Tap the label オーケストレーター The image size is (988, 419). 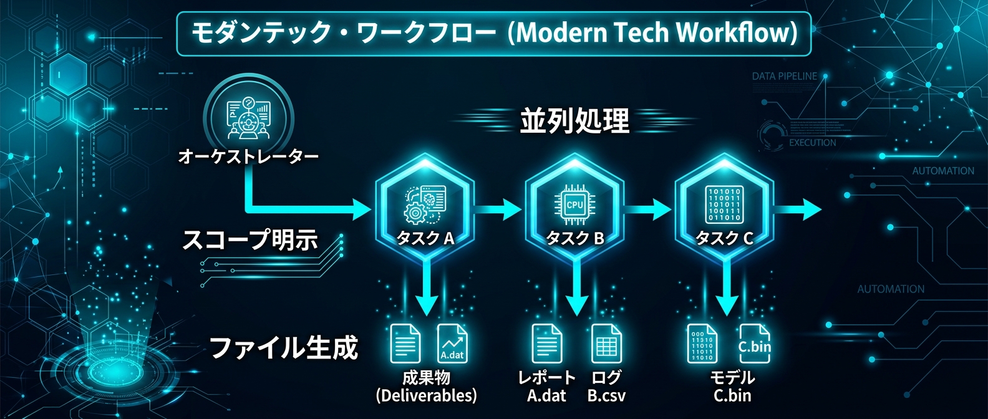coord(248,156)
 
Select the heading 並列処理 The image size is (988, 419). coord(574,120)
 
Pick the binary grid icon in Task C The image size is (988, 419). coord(724,204)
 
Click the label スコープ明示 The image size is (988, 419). coord(249,239)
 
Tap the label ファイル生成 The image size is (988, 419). coord(284,347)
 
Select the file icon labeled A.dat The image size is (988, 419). coord(452,344)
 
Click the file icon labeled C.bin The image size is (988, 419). coord(754,344)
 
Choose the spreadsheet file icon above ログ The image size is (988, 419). coord(606,344)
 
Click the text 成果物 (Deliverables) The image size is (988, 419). coord(426,387)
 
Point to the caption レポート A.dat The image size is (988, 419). coord(546,387)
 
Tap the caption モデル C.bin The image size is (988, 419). coord(732,387)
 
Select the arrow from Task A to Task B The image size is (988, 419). coord(498,209)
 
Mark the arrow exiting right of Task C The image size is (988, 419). coord(798,209)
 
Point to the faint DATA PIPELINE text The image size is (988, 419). coord(784,76)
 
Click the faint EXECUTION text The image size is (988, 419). coord(812,143)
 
